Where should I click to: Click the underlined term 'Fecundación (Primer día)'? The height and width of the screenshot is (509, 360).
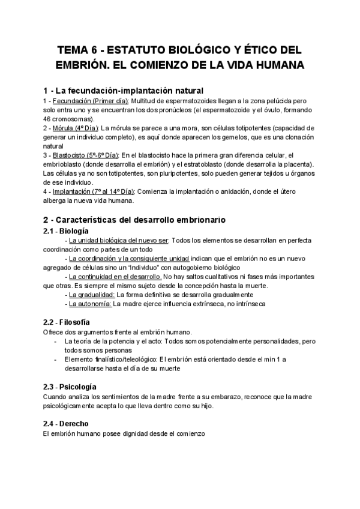point(90,101)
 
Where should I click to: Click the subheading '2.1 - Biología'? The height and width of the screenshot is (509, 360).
point(67,230)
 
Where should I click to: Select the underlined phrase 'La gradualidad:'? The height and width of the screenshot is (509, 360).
point(92,295)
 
